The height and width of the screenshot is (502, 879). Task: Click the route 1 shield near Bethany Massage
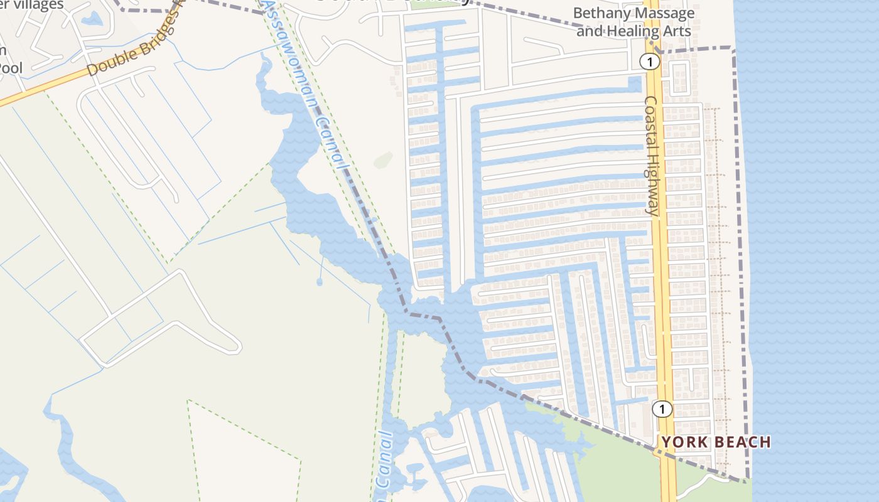[x=649, y=61]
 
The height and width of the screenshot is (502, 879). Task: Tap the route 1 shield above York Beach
[x=661, y=409]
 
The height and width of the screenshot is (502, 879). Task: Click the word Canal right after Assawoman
[x=333, y=141]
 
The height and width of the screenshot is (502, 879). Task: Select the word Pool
[x=11, y=67]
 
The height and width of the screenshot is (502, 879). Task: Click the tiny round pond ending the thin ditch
[x=320, y=282]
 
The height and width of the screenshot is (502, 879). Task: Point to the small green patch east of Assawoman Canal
[x=383, y=160]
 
